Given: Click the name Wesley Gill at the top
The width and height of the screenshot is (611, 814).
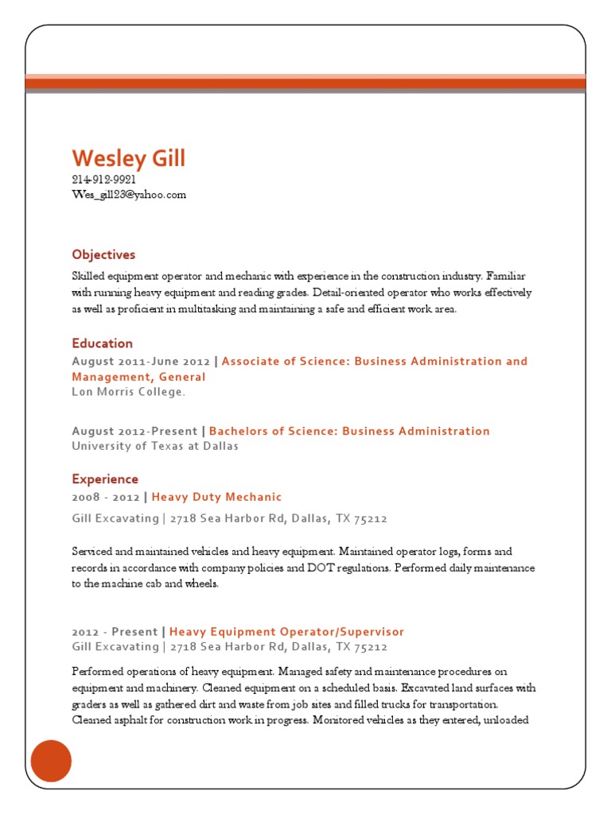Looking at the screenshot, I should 128,158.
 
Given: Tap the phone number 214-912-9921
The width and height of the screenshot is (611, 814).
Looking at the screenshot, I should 103,180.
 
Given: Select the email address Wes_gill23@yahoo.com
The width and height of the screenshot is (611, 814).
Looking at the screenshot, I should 129,194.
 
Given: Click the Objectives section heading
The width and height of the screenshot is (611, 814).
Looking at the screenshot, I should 103,254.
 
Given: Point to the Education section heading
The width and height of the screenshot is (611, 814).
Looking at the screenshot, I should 102,343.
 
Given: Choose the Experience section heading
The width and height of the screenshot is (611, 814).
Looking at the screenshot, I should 105,479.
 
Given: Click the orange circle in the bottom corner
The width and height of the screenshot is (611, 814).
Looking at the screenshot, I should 51,761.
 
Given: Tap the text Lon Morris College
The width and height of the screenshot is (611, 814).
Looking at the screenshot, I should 128,392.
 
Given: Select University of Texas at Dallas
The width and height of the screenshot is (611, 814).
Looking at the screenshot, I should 154,446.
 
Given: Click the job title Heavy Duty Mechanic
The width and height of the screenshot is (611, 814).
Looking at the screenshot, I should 216,497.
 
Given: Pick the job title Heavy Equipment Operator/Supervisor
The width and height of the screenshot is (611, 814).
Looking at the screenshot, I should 286,632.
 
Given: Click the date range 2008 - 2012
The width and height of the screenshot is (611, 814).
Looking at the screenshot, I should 105,497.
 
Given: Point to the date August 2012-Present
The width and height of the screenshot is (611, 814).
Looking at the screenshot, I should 134,431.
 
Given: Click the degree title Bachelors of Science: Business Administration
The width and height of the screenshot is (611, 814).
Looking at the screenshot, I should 349,431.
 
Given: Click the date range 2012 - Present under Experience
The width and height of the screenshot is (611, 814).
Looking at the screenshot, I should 115,632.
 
